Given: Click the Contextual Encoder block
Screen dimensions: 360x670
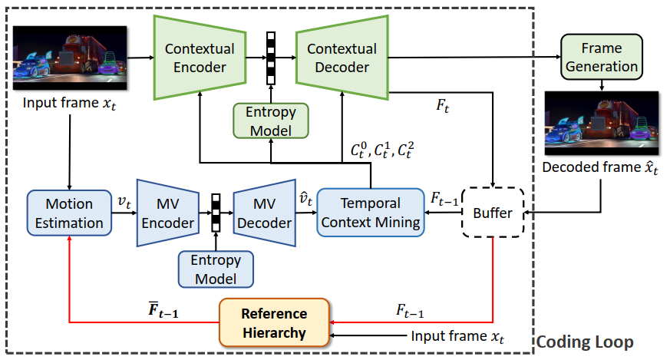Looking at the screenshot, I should [200, 58].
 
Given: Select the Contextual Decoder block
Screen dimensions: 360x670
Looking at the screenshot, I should [342, 58].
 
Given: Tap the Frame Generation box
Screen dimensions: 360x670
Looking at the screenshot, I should [601, 57].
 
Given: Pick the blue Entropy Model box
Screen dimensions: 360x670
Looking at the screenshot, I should [216, 269].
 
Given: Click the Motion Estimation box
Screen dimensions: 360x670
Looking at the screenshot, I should [69, 213].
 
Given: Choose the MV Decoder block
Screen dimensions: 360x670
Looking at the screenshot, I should [263, 213].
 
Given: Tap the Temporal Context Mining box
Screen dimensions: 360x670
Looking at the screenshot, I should [371, 213].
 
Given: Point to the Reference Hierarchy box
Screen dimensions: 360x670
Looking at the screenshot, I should [274, 324].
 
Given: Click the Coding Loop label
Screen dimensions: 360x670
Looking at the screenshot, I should [584, 342].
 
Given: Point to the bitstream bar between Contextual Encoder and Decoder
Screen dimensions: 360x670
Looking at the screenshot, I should [270, 58].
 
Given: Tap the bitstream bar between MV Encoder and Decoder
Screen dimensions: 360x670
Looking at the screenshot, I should [216, 213].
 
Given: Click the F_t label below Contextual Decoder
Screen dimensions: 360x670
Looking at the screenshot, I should [443, 104].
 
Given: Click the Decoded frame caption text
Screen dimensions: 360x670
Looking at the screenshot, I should [601, 167].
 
